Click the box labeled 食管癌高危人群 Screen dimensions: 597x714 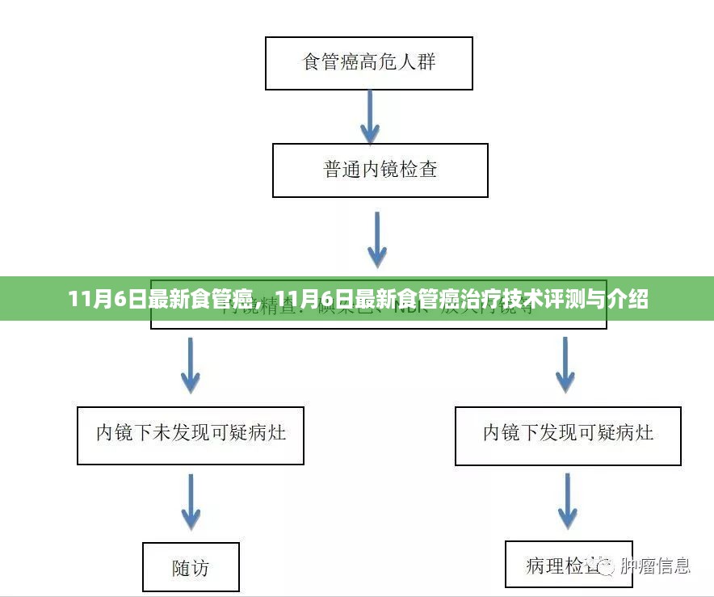(369, 62)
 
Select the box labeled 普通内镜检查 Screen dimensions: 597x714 (380, 170)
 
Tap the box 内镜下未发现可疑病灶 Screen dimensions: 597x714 (191, 435)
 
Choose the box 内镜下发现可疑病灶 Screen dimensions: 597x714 (568, 435)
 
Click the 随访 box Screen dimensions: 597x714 (191, 568)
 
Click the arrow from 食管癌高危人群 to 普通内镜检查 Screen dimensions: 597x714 (370, 116)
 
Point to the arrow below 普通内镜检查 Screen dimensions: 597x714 (377, 240)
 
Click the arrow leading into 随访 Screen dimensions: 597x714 (190, 502)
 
